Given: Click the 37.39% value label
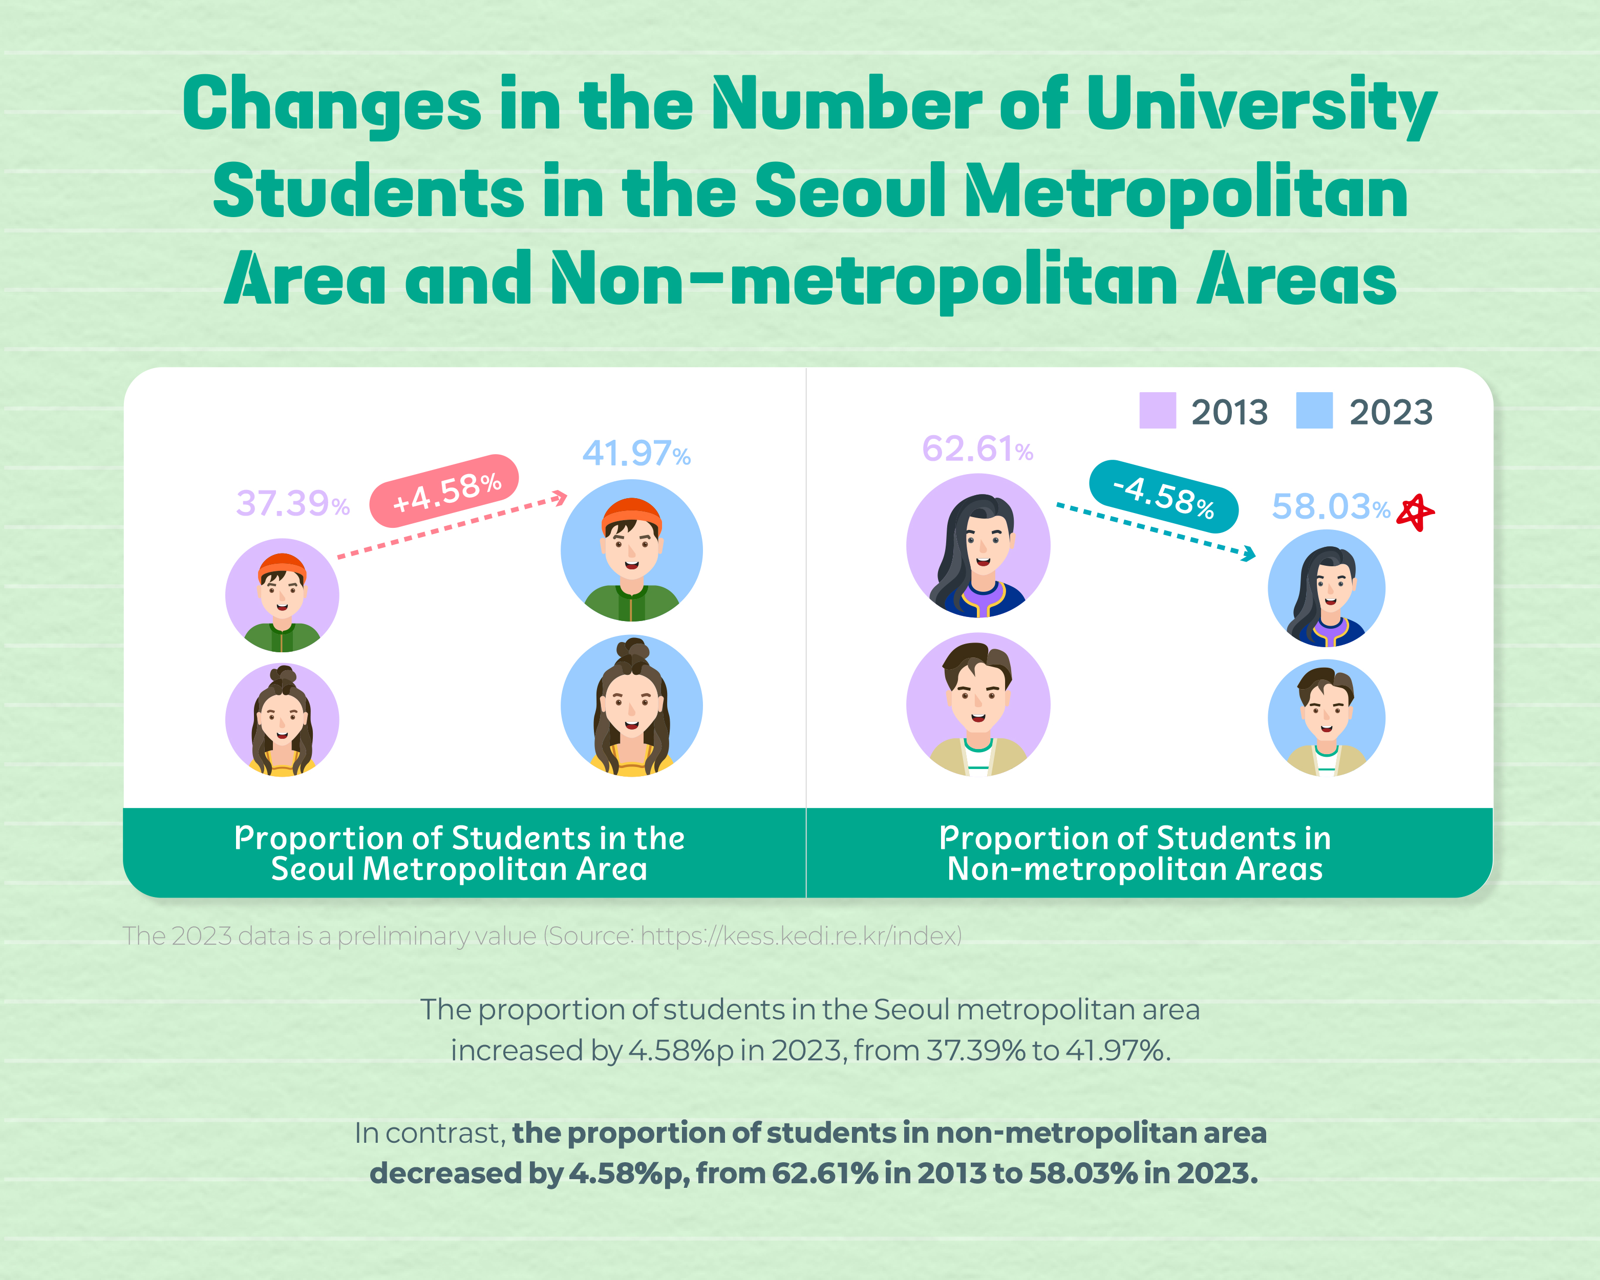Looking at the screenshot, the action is pyautogui.click(x=292, y=504).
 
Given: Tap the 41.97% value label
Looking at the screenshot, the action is pyautogui.click(x=636, y=454).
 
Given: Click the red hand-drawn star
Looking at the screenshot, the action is pyautogui.click(x=1415, y=512).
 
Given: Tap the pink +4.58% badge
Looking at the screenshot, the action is pyautogui.click(x=444, y=491).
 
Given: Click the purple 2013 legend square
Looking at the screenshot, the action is pyautogui.click(x=1158, y=410).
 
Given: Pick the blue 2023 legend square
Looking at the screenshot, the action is pyautogui.click(x=1314, y=410).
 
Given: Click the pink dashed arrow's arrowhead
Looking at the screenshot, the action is pyautogui.click(x=560, y=498).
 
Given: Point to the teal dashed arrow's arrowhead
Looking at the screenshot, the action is pyautogui.click(x=1249, y=553).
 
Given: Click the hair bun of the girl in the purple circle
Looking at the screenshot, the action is pyautogui.click(x=283, y=675).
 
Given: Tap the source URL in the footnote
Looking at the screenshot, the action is pyautogui.click(x=801, y=936).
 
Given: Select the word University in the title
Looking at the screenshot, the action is pyautogui.click(x=1262, y=105).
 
